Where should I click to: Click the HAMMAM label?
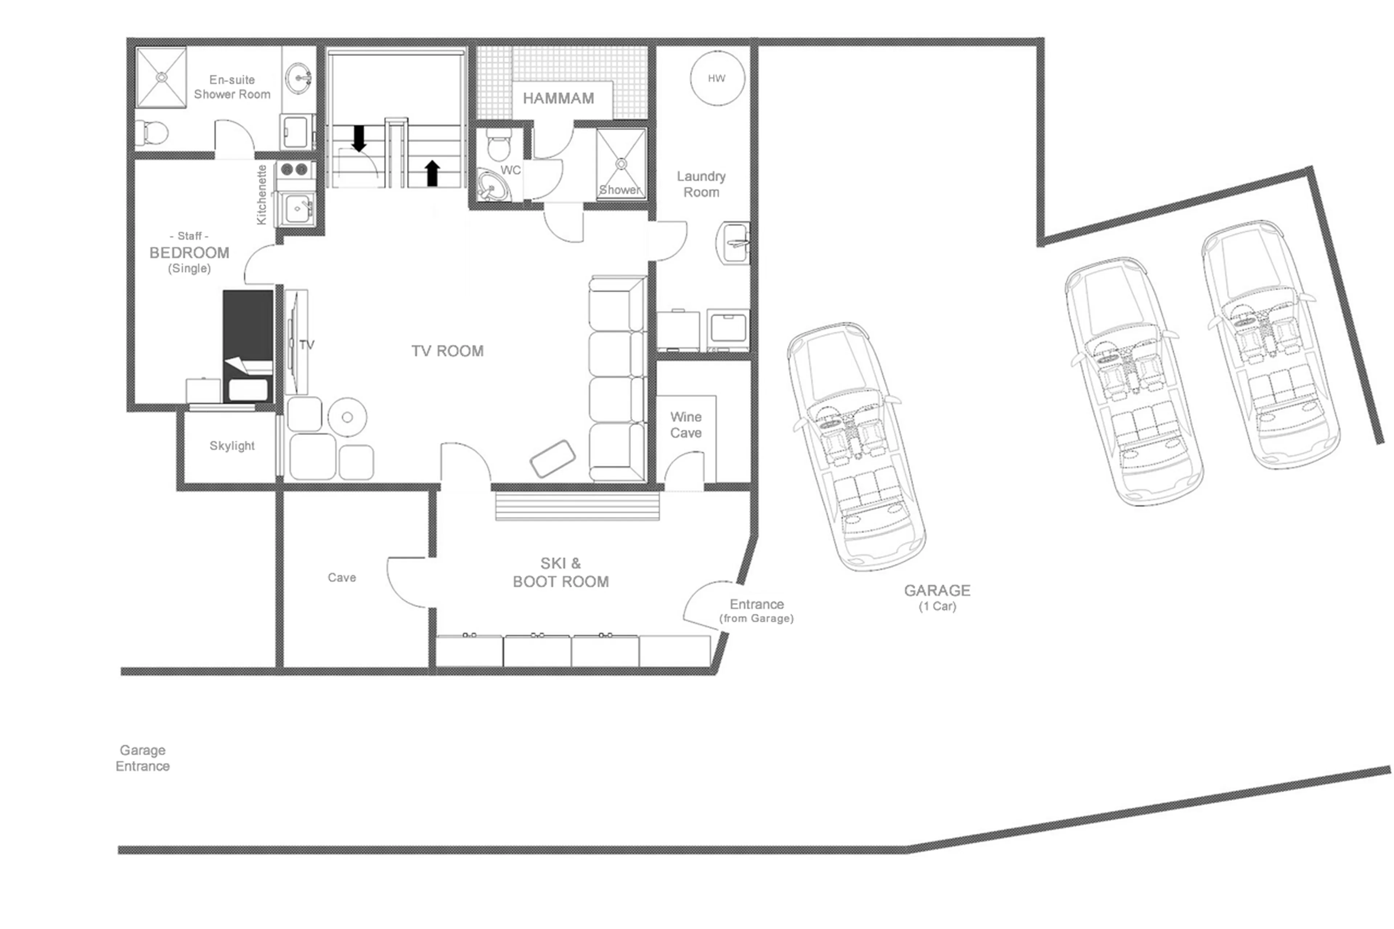(x=558, y=98)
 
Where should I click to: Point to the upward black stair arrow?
(x=432, y=173)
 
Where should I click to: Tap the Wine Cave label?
(x=685, y=425)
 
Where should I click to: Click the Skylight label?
(x=232, y=445)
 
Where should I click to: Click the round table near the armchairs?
(x=347, y=417)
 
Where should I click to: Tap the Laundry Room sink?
(x=733, y=243)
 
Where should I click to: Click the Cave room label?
(x=342, y=577)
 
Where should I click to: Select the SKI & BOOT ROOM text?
(x=561, y=573)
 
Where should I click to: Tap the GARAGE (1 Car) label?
(x=937, y=596)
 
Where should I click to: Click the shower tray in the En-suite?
(x=161, y=77)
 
